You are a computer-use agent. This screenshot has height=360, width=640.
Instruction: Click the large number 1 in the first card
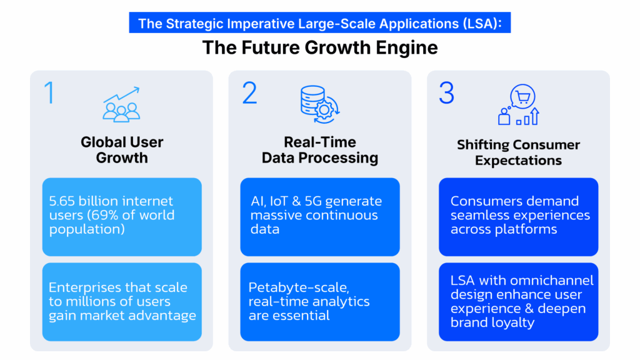click(49, 92)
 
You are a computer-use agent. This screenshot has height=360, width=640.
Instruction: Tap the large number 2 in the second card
click(249, 92)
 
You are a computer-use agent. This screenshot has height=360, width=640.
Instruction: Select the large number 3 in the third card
click(446, 92)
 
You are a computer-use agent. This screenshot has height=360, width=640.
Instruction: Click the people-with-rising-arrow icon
click(121, 104)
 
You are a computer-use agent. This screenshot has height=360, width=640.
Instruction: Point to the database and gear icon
click(320, 104)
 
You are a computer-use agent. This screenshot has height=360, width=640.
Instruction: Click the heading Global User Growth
click(122, 150)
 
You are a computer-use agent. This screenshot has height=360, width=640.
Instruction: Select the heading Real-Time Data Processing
click(319, 150)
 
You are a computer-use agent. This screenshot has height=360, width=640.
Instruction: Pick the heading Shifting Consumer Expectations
click(518, 152)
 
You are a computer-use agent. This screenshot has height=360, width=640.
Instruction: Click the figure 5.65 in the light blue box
click(62, 201)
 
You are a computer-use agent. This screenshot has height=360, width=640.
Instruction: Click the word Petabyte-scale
click(299, 287)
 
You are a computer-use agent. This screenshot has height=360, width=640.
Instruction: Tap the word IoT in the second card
click(278, 201)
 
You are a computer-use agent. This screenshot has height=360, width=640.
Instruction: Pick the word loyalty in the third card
click(513, 323)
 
